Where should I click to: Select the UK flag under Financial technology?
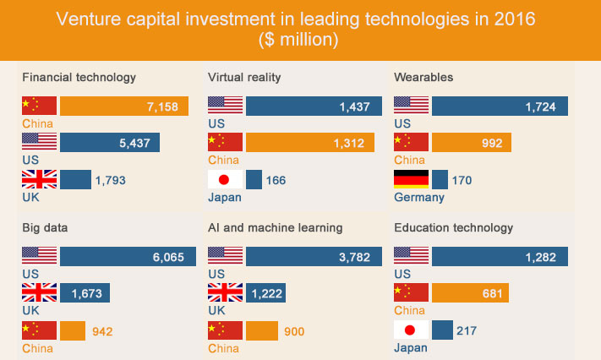coord(40,179)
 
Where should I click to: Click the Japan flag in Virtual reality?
coord(225,179)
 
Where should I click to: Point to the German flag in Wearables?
coord(411,179)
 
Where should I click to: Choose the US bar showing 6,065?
coord(128,256)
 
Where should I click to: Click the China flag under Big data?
coord(40,330)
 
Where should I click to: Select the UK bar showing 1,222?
coord(265,293)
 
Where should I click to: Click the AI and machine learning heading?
coord(275,228)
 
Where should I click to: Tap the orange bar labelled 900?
coord(262,330)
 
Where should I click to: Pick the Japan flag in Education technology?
coord(411,330)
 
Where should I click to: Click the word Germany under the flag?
coord(418,198)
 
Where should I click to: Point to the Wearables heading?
coord(423,78)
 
